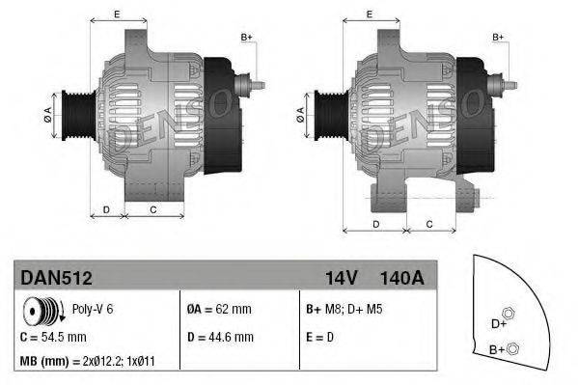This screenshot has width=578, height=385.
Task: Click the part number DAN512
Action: click(56, 279)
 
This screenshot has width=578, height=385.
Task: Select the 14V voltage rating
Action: click(341, 279)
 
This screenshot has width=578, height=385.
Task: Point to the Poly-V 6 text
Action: click(95, 312)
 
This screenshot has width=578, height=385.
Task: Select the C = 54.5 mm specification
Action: click(53, 338)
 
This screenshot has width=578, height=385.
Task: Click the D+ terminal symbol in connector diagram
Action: click(510, 312)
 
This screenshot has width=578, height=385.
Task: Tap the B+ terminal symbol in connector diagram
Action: click(513, 348)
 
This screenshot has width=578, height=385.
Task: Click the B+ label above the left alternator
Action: click(246, 37)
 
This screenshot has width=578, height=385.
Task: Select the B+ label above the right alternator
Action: click(499, 37)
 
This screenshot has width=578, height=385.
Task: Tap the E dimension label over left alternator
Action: click(116, 14)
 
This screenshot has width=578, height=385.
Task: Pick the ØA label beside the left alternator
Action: click(45, 115)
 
